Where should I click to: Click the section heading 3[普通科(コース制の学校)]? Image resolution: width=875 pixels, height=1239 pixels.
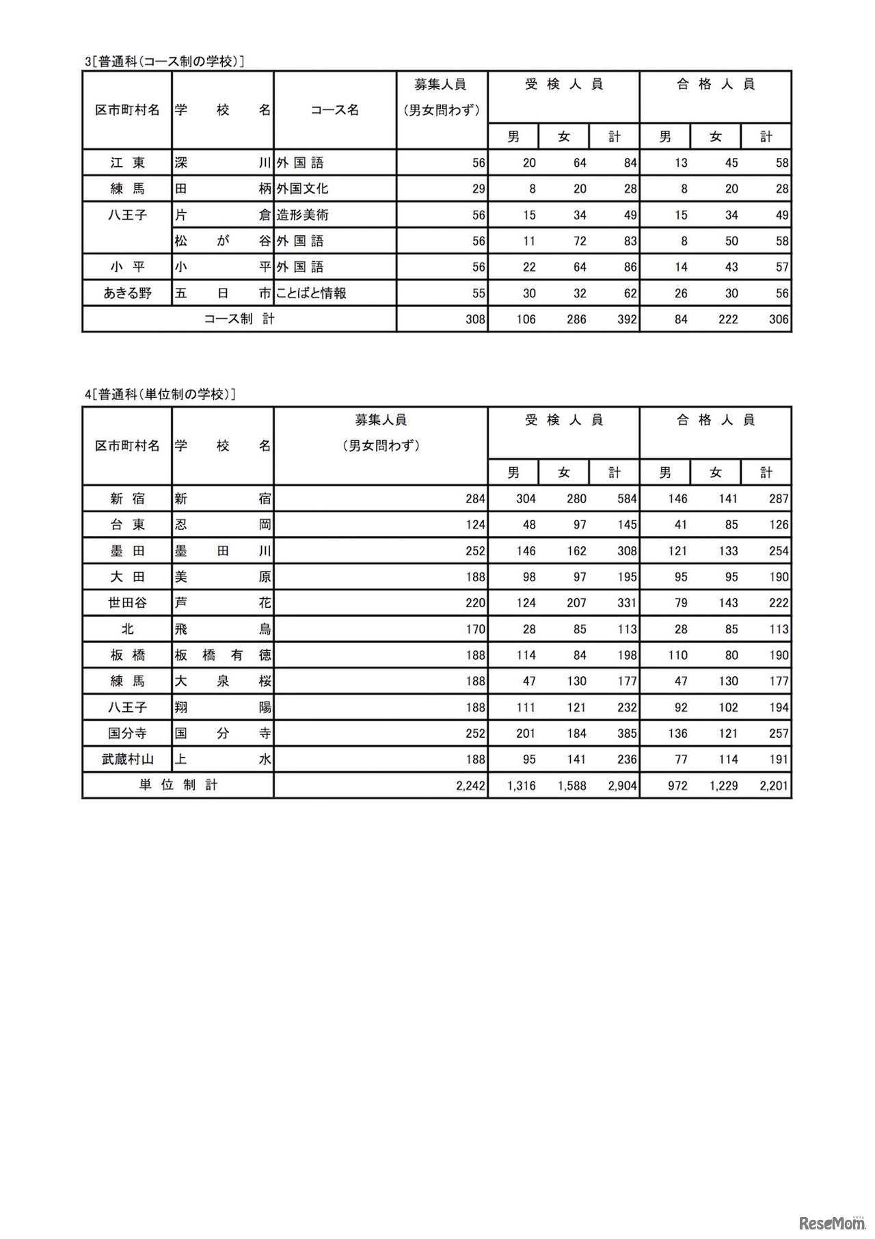[x=165, y=62]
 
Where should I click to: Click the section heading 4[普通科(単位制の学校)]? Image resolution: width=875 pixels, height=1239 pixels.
[x=161, y=395]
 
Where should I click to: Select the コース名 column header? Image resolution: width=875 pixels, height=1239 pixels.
[x=335, y=110]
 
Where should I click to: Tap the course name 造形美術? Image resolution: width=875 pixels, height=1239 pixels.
[x=303, y=215]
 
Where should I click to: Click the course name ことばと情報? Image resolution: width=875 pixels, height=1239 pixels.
[x=311, y=293]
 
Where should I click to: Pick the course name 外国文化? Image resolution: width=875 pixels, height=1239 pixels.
[x=303, y=189]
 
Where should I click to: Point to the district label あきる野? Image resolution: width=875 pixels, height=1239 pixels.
[x=127, y=293]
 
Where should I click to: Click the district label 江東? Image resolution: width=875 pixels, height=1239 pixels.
[x=127, y=163]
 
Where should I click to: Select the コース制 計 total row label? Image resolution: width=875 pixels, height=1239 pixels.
[x=239, y=319]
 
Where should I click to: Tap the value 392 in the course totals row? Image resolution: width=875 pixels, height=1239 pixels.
[x=627, y=319]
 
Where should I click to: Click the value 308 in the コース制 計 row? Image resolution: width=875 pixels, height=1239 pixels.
[x=475, y=319]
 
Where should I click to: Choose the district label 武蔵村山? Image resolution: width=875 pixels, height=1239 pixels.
[x=127, y=759]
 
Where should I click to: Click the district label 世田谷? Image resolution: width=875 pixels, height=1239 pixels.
[x=127, y=603]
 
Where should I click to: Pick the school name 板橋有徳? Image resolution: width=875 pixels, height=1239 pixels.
[x=223, y=655]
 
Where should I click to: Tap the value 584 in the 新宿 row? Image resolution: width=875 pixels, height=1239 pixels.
[x=627, y=499]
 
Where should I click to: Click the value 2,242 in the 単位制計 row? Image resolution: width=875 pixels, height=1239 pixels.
[x=470, y=786]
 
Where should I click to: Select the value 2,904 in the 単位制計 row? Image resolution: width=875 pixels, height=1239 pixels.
[x=622, y=786]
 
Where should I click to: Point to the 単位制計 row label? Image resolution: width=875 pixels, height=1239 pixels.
[x=178, y=785]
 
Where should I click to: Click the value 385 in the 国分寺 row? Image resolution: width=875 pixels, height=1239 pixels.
[x=627, y=734]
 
